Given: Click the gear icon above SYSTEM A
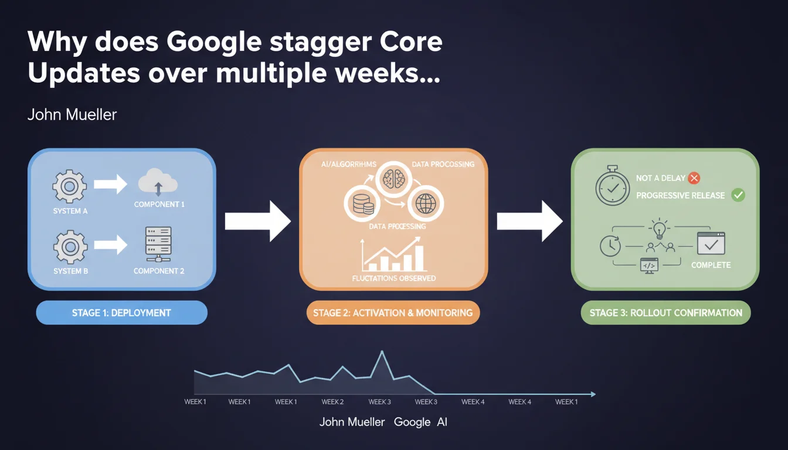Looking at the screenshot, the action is [x=70, y=186].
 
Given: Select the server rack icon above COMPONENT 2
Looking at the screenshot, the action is [x=159, y=244].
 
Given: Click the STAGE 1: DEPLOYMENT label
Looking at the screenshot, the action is [x=122, y=312].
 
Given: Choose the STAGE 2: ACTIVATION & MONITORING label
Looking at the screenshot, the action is [x=393, y=312].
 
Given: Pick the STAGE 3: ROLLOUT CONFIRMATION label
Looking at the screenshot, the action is [x=665, y=312].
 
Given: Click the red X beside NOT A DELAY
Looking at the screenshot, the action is [x=694, y=178].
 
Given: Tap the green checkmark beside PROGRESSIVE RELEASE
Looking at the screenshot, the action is [x=738, y=195].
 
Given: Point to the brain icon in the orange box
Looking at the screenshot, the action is [x=393, y=179].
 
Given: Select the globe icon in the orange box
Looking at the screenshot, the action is [x=426, y=203].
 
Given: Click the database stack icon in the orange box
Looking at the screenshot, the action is [x=362, y=204].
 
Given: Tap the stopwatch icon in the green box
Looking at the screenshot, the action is [x=613, y=186].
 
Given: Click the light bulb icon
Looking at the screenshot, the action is [x=659, y=229].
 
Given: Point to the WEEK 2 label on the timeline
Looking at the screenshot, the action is [x=332, y=402].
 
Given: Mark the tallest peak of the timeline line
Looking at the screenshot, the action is [x=382, y=351].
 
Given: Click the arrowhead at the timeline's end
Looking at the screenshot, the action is [x=593, y=394].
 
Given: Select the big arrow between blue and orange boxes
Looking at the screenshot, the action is [x=258, y=221].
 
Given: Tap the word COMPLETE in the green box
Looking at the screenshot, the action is [x=711, y=265].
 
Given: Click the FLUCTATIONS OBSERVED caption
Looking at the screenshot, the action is [x=394, y=278].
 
